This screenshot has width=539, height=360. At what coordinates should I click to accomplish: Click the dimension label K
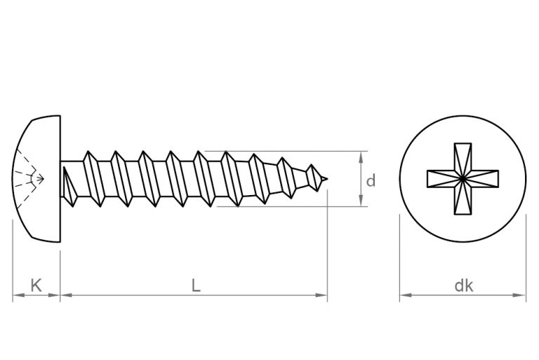36,285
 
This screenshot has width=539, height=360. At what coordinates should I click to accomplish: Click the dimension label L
196,285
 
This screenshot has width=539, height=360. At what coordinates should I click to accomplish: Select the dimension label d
371,180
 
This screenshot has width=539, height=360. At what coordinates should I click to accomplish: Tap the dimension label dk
463,286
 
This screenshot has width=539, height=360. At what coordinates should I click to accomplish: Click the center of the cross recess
463,178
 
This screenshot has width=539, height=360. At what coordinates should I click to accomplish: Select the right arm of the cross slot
486,178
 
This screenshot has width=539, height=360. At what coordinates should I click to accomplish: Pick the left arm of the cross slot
439,178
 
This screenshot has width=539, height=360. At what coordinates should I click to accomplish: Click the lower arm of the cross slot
463,202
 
